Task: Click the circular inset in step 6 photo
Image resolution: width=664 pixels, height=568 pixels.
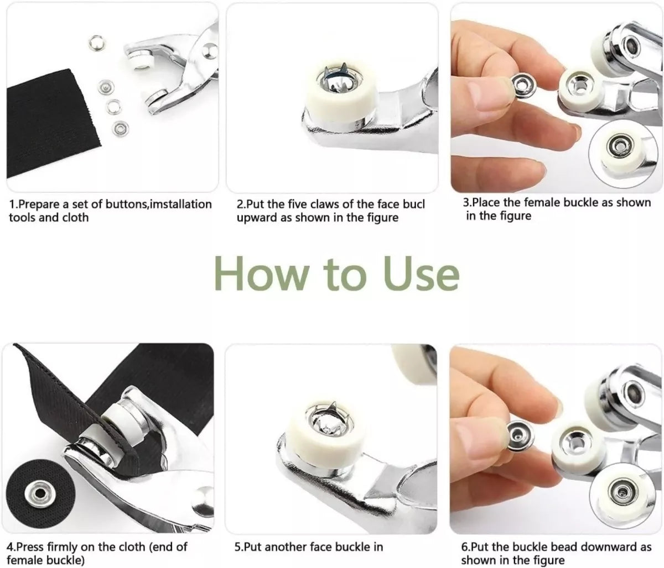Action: [x=619, y=488]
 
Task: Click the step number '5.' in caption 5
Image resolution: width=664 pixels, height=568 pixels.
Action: [x=239, y=547]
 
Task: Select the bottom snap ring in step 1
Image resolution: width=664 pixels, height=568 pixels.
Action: [x=118, y=129]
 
